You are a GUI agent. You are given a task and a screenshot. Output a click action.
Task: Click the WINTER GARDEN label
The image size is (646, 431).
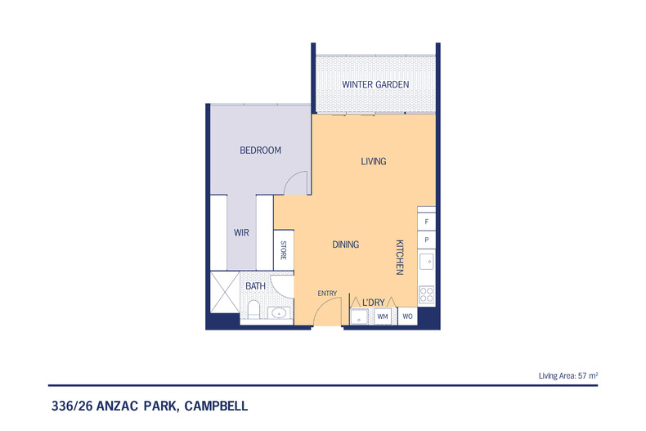tap(375, 84)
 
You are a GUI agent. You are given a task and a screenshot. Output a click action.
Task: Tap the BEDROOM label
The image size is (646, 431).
tap(260, 150)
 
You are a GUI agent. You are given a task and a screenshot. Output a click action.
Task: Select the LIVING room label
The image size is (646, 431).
tap(374, 161)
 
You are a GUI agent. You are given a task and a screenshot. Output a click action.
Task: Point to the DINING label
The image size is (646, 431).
tap(346, 245)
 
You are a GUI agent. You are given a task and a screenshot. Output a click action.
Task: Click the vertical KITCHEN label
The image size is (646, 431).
tap(400, 257)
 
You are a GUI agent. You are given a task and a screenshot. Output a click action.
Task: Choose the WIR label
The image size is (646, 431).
tap(241, 233)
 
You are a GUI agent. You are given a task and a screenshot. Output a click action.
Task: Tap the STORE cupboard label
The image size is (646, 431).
tap(284, 250)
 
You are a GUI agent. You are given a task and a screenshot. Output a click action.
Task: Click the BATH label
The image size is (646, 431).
tap(255, 286)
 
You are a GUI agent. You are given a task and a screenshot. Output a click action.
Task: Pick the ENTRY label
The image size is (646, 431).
tap(327, 294)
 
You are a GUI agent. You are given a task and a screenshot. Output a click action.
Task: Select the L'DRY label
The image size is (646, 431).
tap(373, 303)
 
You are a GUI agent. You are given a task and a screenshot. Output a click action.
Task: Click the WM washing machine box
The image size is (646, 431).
tap(383, 317)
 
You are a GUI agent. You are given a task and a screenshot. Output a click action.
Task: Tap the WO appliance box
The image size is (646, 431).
tap(407, 317)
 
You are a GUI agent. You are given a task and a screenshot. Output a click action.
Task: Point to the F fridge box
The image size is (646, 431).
tap(426, 222)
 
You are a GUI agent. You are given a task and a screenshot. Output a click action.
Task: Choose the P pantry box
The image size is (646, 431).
tap(426, 240)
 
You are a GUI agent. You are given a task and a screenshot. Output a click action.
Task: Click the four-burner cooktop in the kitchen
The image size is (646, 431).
tap(426, 294)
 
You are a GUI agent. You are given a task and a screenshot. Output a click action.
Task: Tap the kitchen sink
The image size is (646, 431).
tap(426, 262)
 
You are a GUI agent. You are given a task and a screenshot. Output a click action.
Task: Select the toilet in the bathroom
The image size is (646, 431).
tap(253, 310)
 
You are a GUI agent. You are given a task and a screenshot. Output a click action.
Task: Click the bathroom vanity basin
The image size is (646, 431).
tap(279, 313)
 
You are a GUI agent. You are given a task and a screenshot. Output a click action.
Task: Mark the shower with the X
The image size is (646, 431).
tap(225, 292)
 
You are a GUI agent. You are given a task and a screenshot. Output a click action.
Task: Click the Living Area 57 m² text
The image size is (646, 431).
tap(568, 375)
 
